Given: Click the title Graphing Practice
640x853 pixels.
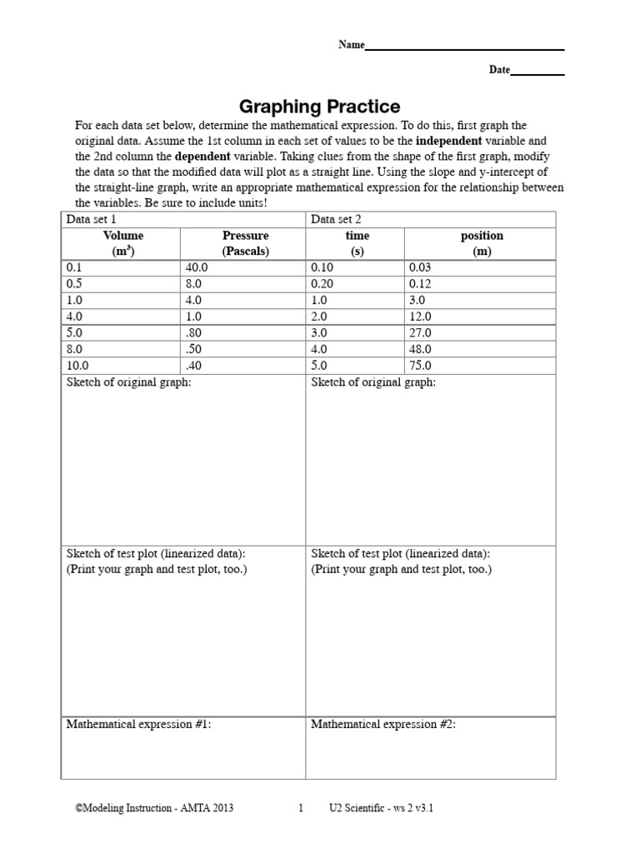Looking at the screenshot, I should pyautogui.click(x=320, y=107).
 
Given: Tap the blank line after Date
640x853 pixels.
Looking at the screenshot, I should pyautogui.click(x=537, y=72).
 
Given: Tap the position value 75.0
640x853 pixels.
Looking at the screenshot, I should pyautogui.click(x=420, y=365).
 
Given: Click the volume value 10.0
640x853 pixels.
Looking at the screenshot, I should pyautogui.click(x=77, y=365).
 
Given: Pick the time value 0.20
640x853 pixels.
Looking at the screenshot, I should pyautogui.click(x=322, y=283).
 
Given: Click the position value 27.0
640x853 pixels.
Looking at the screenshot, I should pyautogui.click(x=420, y=332).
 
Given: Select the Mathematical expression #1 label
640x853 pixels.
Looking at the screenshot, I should pyautogui.click(x=138, y=725).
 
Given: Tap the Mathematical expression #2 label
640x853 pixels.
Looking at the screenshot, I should pyautogui.click(x=383, y=725).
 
